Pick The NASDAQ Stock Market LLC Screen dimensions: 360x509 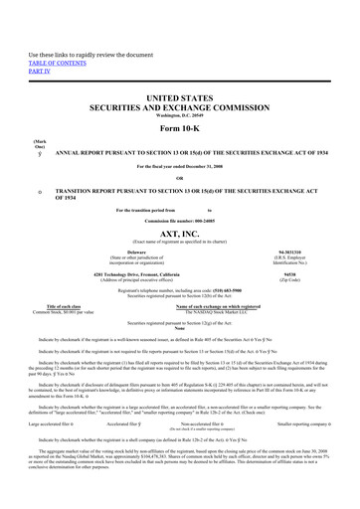(223, 312)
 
